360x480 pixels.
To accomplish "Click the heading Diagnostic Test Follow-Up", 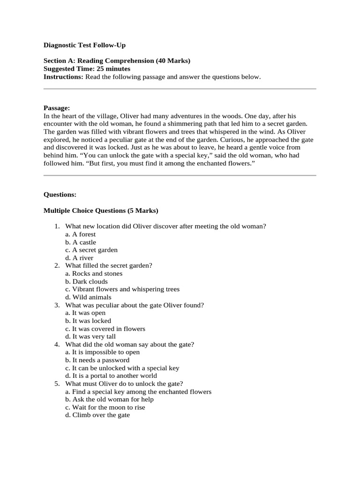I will pyautogui.click(x=84, y=45).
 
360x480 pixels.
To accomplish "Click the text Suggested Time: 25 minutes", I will pyautogui.click(x=87, y=68).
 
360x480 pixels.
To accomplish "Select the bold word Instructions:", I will pyautogui.click(x=63, y=76).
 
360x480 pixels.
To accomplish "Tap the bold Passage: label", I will pyautogui.click(x=57, y=108).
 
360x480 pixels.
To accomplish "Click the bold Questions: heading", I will pyautogui.click(x=60, y=194).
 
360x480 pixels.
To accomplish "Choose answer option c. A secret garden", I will pyautogui.click(x=91, y=250).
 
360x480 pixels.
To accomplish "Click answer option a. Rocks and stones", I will pyautogui.click(x=94, y=273).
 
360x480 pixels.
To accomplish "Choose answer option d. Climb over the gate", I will pyautogui.click(x=97, y=415).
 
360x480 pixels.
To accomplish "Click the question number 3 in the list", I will pyautogui.click(x=57, y=305).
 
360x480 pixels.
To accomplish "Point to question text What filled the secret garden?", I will pyautogui.click(x=109, y=265).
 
